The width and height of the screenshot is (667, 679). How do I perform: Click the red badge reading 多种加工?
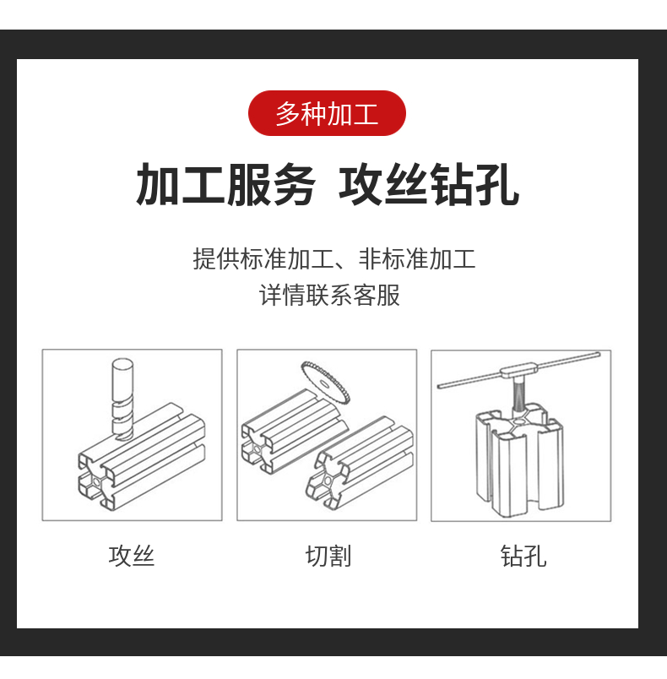[327, 113]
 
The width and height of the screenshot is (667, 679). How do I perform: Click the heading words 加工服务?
[225, 185]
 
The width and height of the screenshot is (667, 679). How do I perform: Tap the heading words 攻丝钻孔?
[429, 185]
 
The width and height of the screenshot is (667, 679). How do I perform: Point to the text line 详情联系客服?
[329, 296]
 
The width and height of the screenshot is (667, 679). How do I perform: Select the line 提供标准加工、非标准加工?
[334, 259]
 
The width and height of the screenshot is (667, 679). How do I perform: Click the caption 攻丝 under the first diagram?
[132, 556]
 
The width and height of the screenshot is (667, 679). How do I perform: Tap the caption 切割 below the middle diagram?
[328, 556]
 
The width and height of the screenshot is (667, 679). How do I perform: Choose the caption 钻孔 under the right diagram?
[523, 556]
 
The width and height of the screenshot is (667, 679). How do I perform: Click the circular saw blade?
[326, 383]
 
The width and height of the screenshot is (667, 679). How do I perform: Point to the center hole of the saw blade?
[323, 383]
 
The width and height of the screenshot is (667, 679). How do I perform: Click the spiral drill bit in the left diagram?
[122, 399]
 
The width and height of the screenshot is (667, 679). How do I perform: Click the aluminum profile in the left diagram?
[142, 457]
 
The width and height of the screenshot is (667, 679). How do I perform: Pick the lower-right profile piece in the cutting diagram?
[360, 463]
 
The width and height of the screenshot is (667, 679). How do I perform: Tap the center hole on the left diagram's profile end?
[96, 481]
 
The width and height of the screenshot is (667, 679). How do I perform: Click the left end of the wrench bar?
[438, 386]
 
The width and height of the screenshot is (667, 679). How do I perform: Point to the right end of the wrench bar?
[599, 355]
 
